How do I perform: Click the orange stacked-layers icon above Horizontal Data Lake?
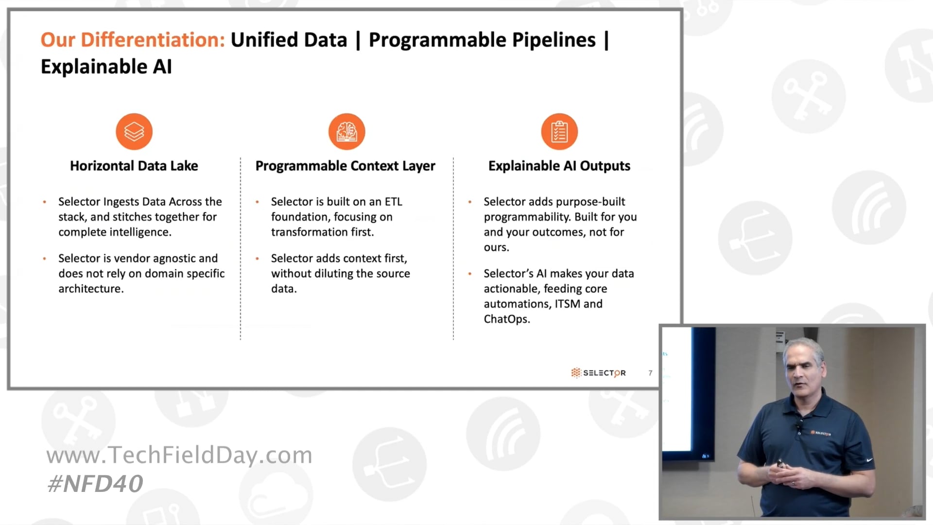point(134,132)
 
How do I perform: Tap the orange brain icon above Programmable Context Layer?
point(346,132)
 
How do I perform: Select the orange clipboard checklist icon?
point(559,132)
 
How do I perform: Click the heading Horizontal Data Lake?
point(134,166)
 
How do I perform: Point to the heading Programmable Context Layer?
point(346,166)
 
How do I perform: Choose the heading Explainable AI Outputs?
point(559,166)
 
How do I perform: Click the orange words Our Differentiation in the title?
point(133,40)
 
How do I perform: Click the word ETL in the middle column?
point(394,202)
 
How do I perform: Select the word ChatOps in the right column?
point(506,319)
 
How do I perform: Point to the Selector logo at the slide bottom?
point(598,373)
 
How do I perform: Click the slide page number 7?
point(650,373)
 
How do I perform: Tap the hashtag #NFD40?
point(95,484)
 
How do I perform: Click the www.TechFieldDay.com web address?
point(179,455)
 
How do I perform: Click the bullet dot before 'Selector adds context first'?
point(257,259)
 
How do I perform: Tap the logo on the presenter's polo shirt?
point(821,433)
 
